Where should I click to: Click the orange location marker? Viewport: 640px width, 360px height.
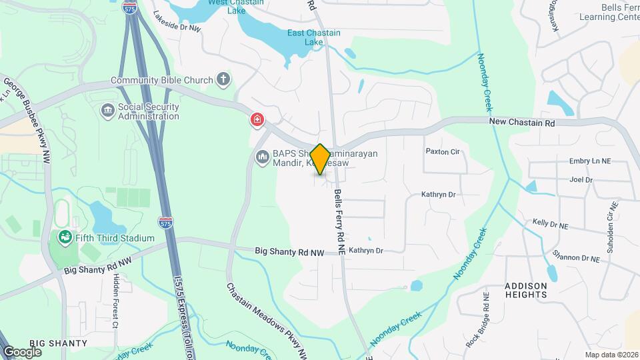tap(320, 159)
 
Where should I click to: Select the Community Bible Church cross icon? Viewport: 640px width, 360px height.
tap(223, 80)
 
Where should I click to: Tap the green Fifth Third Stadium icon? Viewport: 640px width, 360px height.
tap(65, 237)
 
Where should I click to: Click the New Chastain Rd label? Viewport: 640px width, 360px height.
tap(522, 123)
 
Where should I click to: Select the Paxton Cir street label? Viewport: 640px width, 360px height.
tap(443, 151)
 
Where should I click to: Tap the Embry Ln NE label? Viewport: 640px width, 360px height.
tap(590, 161)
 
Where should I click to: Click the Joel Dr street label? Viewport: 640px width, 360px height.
tap(581, 179)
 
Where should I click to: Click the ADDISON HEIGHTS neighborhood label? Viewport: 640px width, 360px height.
tap(525, 290)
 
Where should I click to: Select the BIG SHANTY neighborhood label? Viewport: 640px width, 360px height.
tap(58, 343)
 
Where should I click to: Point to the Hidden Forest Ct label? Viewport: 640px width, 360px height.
tap(115, 302)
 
